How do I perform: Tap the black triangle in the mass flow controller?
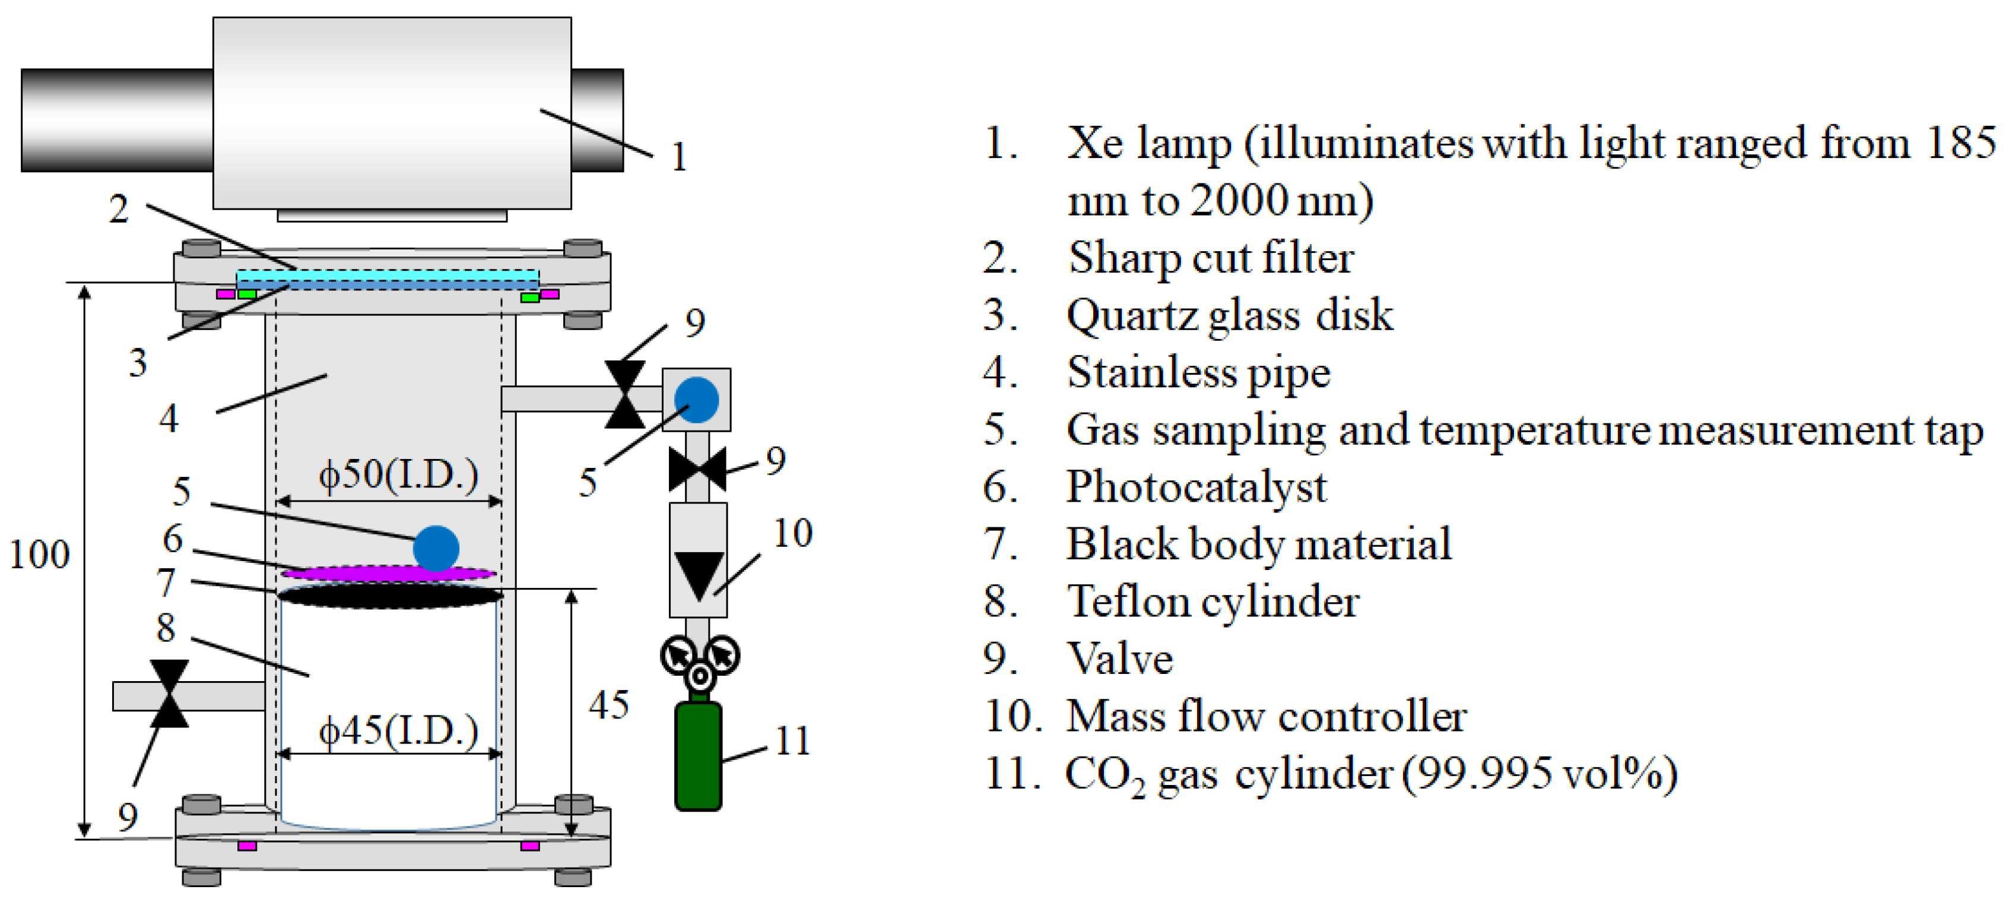[698, 574]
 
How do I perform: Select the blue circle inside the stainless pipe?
[436, 548]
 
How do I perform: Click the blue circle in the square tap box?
[696, 400]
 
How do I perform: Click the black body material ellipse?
[390, 597]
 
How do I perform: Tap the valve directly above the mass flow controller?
[698, 469]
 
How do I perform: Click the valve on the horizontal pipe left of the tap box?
[626, 394]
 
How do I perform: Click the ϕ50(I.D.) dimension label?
[398, 474]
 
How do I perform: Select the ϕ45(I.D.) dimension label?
[398, 730]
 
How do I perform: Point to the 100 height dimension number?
[39, 555]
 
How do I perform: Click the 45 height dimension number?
[608, 705]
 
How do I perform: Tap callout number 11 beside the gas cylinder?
[793, 740]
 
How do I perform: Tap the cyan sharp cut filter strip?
[388, 276]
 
